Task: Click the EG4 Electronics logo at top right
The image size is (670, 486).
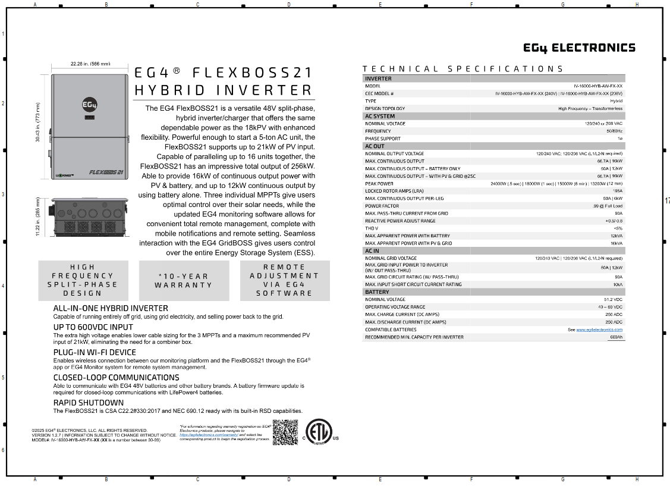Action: click(579, 48)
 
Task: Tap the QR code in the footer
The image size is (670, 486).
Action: click(285, 432)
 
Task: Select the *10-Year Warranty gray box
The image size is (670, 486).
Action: click(184, 281)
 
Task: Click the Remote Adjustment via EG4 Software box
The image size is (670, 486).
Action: click(284, 280)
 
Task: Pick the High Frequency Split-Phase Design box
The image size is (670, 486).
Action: click(83, 280)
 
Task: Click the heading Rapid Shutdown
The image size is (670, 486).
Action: click(89, 403)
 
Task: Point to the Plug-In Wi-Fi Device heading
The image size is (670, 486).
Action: click(95, 352)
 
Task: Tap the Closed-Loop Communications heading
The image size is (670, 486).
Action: click(116, 378)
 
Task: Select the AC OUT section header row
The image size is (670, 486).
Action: click(375, 146)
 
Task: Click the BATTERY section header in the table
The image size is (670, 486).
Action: click(378, 292)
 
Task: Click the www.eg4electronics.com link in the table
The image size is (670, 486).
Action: click(599, 330)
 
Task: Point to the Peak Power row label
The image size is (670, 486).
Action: click(379, 184)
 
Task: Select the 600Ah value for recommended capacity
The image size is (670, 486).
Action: click(616, 337)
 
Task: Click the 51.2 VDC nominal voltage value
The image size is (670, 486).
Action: click(613, 300)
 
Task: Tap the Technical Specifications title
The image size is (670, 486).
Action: click(463, 69)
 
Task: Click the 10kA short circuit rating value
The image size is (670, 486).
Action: click(616, 284)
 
